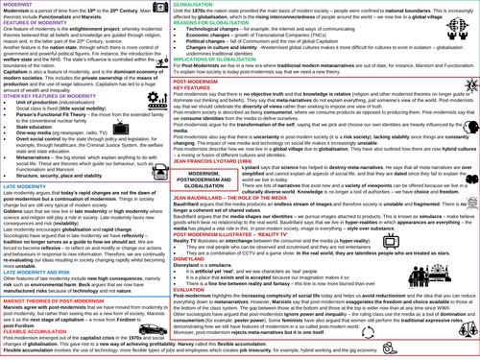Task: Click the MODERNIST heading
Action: tap(21, 5)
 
